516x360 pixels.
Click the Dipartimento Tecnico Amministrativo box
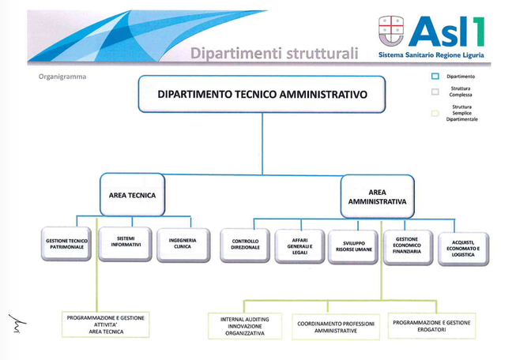point(262,95)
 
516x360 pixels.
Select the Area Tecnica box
point(132,195)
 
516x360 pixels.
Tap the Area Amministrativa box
point(378,197)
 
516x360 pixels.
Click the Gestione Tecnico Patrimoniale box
point(66,244)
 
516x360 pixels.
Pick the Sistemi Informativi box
point(126,244)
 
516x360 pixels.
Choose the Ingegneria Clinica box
point(183,246)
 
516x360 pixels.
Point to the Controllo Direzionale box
point(245,246)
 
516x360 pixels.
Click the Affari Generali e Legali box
point(299,246)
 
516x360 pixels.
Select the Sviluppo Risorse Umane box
point(353,247)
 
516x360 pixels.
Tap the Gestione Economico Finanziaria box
point(408,247)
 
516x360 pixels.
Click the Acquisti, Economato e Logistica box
point(463,249)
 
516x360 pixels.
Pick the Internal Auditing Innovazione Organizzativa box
point(245,326)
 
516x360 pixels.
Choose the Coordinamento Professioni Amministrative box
point(336,327)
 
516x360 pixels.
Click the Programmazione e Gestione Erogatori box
point(431,326)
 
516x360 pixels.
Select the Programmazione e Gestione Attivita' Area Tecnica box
point(106,324)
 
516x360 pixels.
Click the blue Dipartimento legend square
point(435,77)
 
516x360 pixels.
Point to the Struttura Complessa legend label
point(461,92)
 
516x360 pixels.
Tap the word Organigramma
point(62,77)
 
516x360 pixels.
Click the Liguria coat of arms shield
point(391,31)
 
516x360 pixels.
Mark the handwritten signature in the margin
point(17,323)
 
